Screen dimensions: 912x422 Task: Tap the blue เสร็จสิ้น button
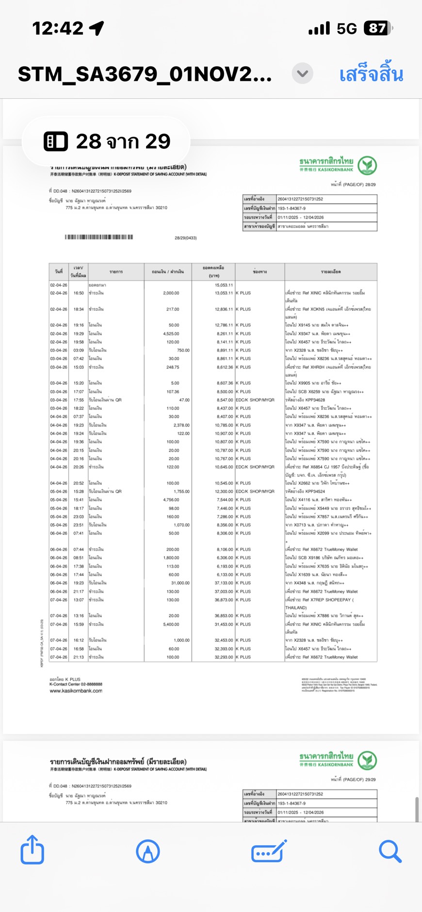pos(371,75)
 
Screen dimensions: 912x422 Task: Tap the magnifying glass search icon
pos(390,851)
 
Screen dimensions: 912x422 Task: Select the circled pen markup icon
pos(148,851)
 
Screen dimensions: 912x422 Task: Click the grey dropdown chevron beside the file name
pos(302,74)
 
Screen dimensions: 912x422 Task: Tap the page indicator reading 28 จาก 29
pos(107,142)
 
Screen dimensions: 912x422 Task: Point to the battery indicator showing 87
pos(378,29)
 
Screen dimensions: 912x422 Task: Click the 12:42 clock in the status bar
pos(58,29)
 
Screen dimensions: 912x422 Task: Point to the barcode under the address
pos(99,237)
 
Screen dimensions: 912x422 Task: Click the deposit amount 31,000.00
pos(180,583)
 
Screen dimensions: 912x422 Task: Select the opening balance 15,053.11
pos(224,285)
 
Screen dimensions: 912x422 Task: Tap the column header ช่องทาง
pos(260,272)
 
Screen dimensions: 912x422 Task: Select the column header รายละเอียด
pos(330,272)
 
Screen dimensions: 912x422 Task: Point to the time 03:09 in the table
pos(79,350)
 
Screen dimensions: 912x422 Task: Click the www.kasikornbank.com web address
pos(76,691)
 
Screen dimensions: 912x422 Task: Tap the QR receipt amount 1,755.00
pos(180,491)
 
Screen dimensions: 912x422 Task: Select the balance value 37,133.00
pos(224,583)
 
